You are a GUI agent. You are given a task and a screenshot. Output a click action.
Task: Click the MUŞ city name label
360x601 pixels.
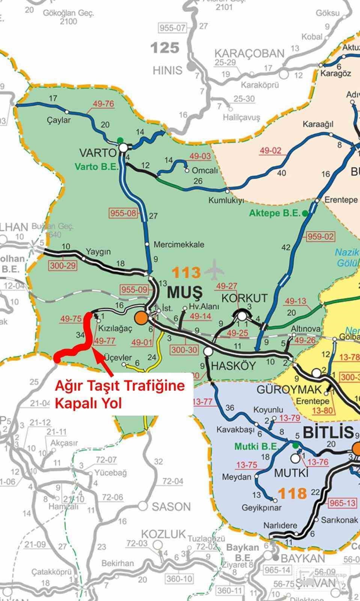184,291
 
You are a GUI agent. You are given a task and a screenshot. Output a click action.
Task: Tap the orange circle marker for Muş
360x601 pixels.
141,318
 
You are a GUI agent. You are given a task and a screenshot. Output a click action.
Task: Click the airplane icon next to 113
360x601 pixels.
215,269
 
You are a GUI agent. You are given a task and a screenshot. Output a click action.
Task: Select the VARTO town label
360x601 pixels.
98,153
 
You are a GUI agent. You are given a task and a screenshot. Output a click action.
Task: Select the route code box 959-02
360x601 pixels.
320,237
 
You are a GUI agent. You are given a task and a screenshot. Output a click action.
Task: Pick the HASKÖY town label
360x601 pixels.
233,365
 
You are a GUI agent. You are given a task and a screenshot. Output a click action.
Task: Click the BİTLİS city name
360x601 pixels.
328,432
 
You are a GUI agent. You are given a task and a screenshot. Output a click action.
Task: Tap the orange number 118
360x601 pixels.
292,492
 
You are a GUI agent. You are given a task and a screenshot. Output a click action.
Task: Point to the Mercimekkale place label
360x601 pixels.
179,245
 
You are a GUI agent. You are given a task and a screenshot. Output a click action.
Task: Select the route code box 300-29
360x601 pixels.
62,266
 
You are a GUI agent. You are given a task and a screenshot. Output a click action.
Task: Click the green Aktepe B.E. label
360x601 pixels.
275,213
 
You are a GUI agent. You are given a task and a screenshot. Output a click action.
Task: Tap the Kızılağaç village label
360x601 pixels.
115,328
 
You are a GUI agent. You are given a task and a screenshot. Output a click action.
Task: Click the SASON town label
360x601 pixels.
171,507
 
